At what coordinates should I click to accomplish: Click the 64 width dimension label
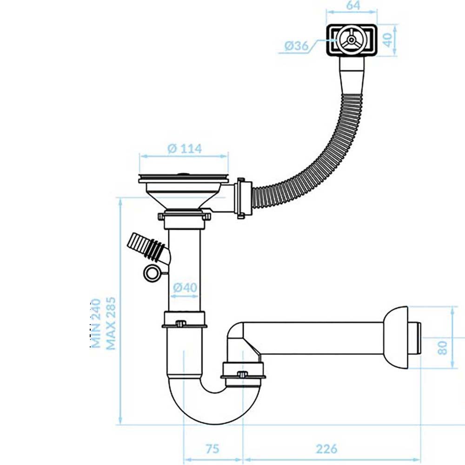point(353,5)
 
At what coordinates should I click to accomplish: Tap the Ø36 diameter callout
point(296,46)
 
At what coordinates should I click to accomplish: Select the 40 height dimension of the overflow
point(387,40)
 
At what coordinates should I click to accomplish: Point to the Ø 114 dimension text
point(185,148)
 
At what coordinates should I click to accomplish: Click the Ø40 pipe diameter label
point(185,287)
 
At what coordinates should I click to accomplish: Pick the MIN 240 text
point(96,323)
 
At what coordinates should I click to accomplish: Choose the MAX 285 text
point(110,323)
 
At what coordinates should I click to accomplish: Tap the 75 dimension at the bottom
point(213,449)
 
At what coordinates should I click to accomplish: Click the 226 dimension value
point(326,449)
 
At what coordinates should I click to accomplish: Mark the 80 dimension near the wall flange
point(442,347)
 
